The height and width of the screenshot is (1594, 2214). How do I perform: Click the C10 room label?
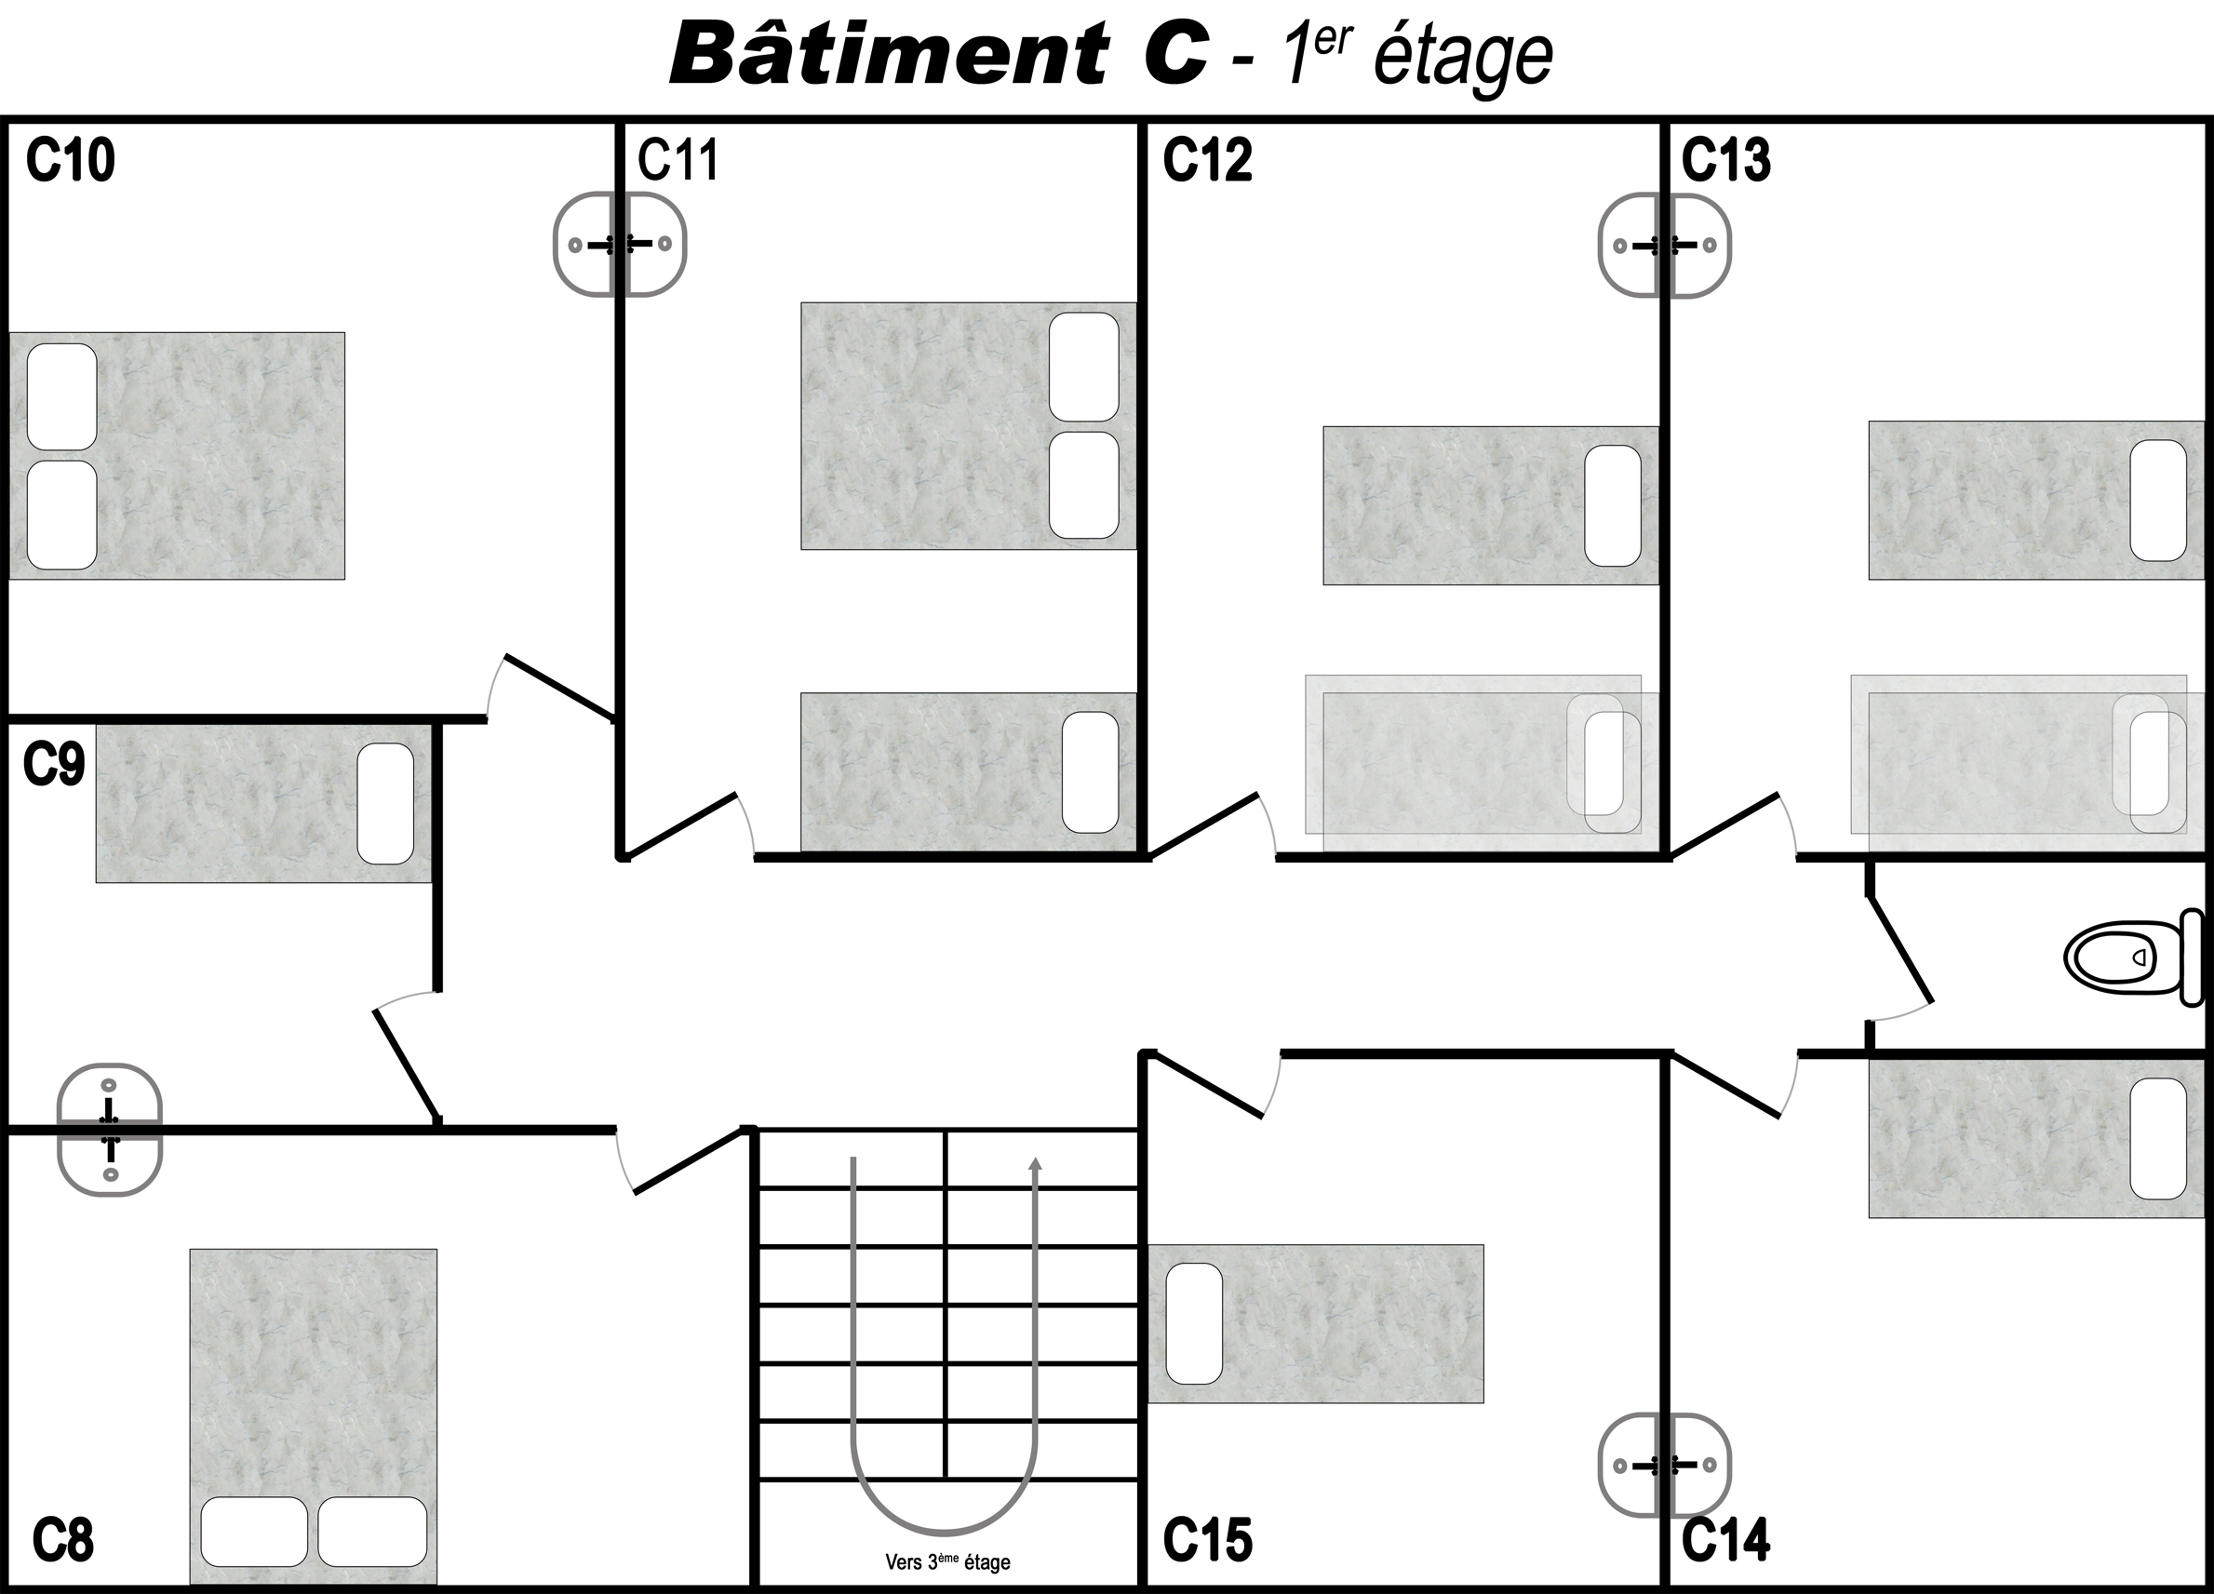click(x=71, y=160)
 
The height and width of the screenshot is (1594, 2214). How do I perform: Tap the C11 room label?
click(x=678, y=160)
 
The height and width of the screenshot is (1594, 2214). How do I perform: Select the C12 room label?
click(x=1208, y=160)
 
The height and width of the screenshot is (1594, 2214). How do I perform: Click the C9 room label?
click(x=54, y=764)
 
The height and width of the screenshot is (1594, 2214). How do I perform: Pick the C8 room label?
click(x=63, y=1539)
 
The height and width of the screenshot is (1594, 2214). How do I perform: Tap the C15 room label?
click(x=1208, y=1539)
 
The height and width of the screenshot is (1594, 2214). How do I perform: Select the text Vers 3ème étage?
click(x=946, y=1561)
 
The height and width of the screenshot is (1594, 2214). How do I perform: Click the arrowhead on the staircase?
click(x=1036, y=1163)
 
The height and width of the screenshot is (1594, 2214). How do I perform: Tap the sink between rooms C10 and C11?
click(x=620, y=244)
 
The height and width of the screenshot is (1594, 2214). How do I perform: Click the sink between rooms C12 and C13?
click(x=1664, y=245)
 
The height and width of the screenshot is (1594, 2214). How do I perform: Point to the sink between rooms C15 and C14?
click(x=1664, y=1466)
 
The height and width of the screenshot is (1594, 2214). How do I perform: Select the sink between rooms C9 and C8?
click(x=109, y=1130)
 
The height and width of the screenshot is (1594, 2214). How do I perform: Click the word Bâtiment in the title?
click(x=889, y=54)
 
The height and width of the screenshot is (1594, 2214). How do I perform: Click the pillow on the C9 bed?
click(x=385, y=803)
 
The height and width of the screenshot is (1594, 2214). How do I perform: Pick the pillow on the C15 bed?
click(x=1194, y=1323)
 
